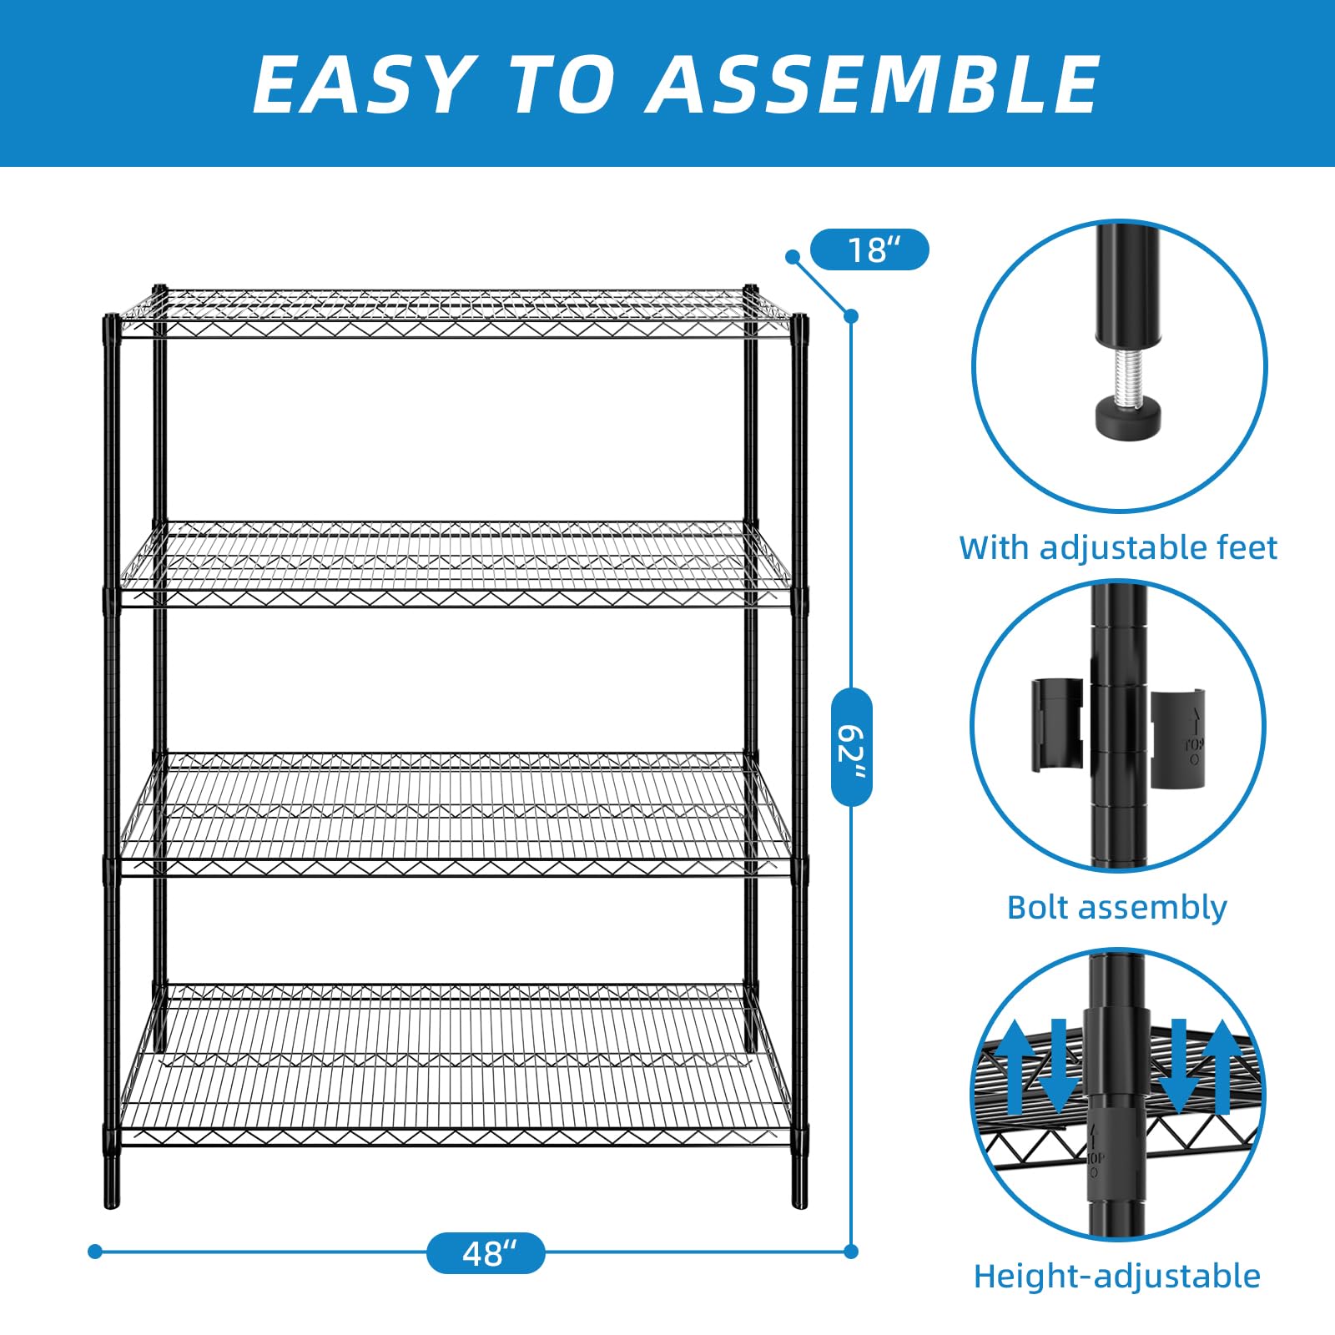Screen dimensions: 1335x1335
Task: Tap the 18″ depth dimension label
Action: (x=869, y=249)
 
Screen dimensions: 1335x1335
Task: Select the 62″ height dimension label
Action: (x=852, y=747)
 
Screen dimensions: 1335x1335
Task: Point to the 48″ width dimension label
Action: (x=486, y=1252)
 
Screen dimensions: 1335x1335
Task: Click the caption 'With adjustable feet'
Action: (x=1118, y=547)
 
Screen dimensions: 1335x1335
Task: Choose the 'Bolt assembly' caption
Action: (x=1117, y=908)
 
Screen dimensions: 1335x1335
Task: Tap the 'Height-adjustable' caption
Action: (x=1117, y=1277)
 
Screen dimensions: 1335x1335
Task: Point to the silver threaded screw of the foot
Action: (x=1127, y=375)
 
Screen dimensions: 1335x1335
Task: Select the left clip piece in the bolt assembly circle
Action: (x=1057, y=724)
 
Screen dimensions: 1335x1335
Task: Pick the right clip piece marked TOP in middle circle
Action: (x=1178, y=738)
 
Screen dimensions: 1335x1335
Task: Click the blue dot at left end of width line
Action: (x=95, y=1252)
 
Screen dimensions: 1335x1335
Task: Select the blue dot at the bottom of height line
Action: (x=851, y=1252)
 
